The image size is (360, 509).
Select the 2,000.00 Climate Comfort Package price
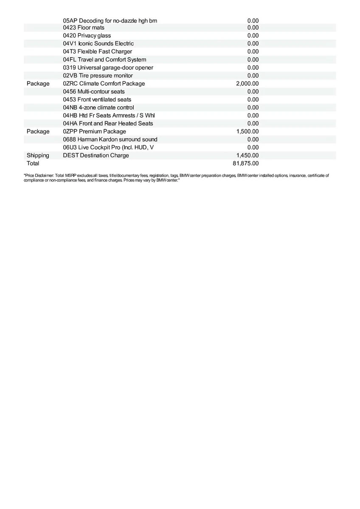247,84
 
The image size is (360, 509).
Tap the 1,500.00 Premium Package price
247,131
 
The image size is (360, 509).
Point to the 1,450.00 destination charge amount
247,155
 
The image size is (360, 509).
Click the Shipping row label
38,155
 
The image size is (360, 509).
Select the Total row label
33,163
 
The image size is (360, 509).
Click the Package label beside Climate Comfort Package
38,84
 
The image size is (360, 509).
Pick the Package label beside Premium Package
38,131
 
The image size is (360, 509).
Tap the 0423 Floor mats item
84,28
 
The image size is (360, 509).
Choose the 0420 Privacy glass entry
87,36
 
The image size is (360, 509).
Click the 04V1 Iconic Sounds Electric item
98,44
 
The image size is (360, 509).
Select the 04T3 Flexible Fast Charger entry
97,51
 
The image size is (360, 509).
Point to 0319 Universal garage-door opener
108,67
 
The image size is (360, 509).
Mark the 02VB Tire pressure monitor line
98,76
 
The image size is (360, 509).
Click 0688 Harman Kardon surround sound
110,139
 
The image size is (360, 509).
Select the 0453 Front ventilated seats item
97,99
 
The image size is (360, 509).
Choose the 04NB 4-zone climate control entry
98,107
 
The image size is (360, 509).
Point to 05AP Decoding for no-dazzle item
110,20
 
